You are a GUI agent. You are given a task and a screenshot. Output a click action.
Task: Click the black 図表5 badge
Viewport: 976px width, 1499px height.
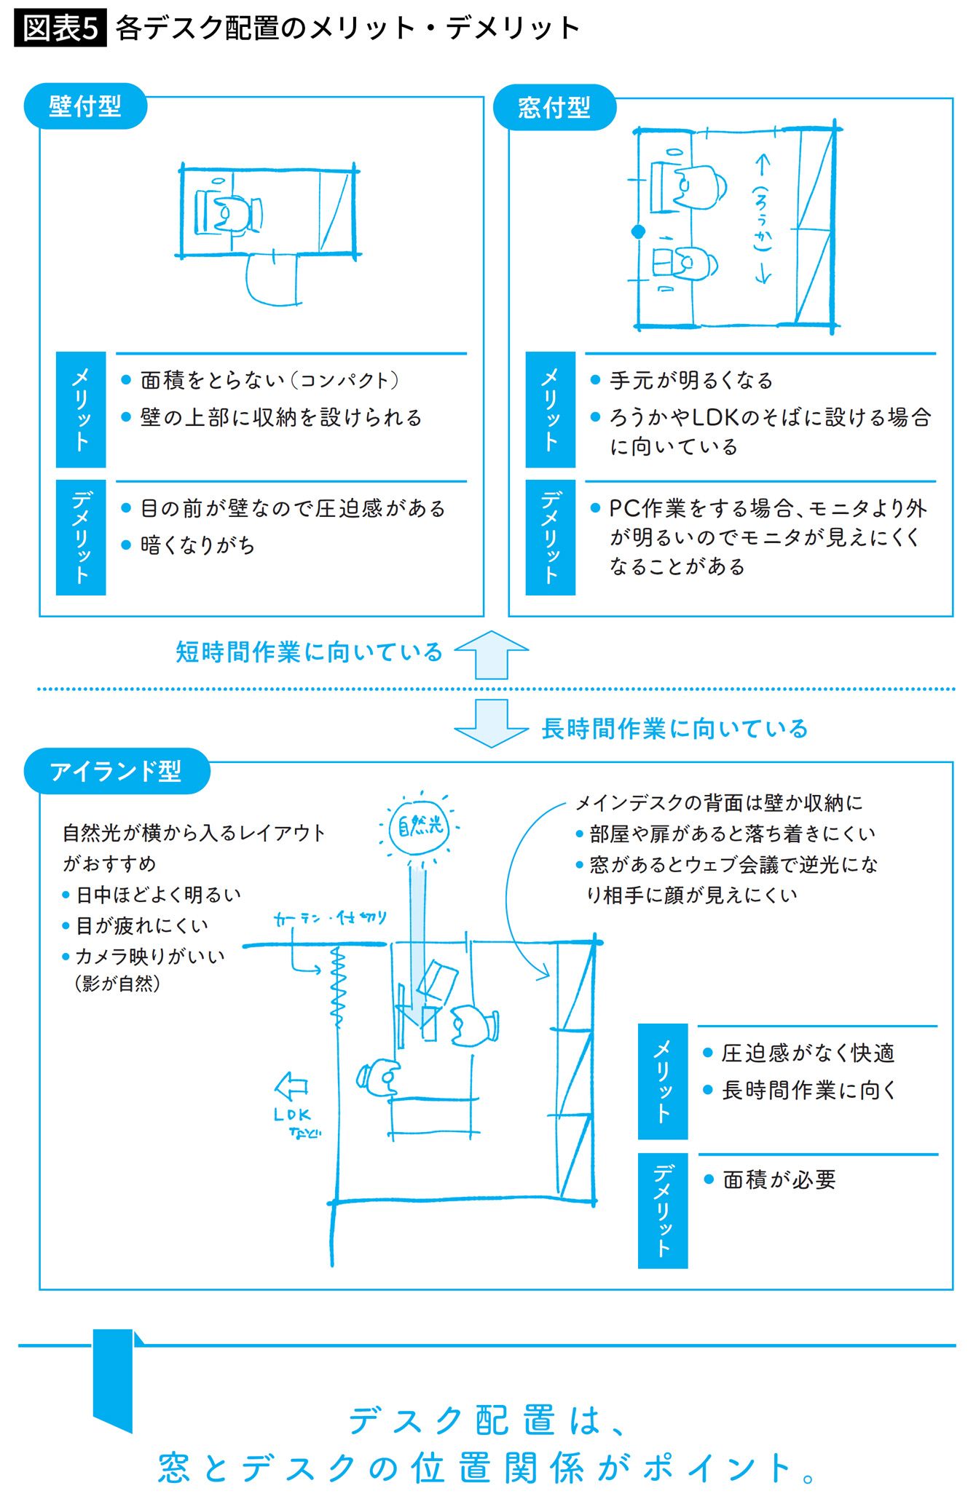pyautogui.click(x=60, y=28)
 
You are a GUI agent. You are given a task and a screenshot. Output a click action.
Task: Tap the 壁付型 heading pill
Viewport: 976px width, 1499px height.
pyautogui.click(x=85, y=107)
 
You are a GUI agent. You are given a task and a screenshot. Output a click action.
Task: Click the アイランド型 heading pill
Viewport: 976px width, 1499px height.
pyautogui.click(x=117, y=771)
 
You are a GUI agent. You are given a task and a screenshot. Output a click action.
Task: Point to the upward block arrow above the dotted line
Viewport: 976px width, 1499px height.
pyautogui.click(x=492, y=654)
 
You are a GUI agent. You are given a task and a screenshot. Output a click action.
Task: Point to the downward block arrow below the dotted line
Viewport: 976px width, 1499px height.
pyautogui.click(x=492, y=723)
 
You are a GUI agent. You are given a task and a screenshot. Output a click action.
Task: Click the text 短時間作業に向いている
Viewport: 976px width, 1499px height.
pyautogui.click(x=310, y=652)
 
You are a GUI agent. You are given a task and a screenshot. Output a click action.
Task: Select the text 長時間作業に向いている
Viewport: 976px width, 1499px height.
pyautogui.click(x=675, y=728)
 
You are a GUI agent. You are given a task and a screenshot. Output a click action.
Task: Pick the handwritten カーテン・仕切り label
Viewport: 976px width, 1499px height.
pyautogui.click(x=330, y=919)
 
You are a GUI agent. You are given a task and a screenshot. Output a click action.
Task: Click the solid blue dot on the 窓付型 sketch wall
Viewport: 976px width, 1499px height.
pyautogui.click(x=638, y=232)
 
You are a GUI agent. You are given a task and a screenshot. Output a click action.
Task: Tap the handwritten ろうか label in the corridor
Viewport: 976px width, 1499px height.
pyautogui.click(x=762, y=218)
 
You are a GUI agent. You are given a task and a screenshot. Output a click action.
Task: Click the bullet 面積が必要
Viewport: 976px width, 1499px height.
pyautogui.click(x=771, y=1179)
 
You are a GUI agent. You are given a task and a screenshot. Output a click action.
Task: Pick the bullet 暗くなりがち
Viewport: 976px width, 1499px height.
pyautogui.click(x=188, y=545)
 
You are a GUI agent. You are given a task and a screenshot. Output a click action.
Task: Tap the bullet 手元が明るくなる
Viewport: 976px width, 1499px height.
pyautogui.click(x=682, y=380)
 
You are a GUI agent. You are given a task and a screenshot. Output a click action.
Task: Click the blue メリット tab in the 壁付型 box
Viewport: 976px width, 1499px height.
pyautogui.click(x=81, y=410)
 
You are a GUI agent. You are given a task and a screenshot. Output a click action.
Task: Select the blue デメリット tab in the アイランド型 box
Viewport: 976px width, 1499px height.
pyautogui.click(x=663, y=1211)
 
